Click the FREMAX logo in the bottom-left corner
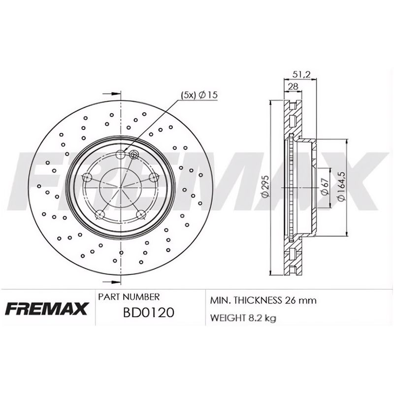[x=47, y=309]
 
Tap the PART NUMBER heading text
[x=129, y=297]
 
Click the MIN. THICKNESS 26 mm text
[x=263, y=300]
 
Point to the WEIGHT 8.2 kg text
[x=243, y=318]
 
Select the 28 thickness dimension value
[x=293, y=86]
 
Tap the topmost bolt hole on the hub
[x=121, y=155]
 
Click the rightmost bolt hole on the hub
[x=153, y=178]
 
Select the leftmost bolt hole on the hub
[x=87, y=178]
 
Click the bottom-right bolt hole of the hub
[x=141, y=215]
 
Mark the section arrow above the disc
[x=112, y=93]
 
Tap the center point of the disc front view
[x=121, y=187]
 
